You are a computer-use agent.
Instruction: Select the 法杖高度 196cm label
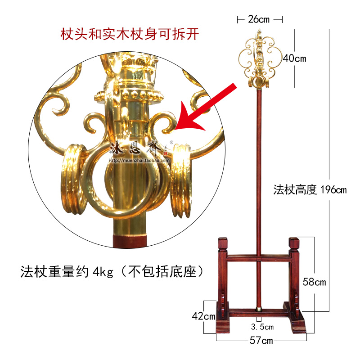point(310,190)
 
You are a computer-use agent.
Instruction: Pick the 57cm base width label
point(261,341)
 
